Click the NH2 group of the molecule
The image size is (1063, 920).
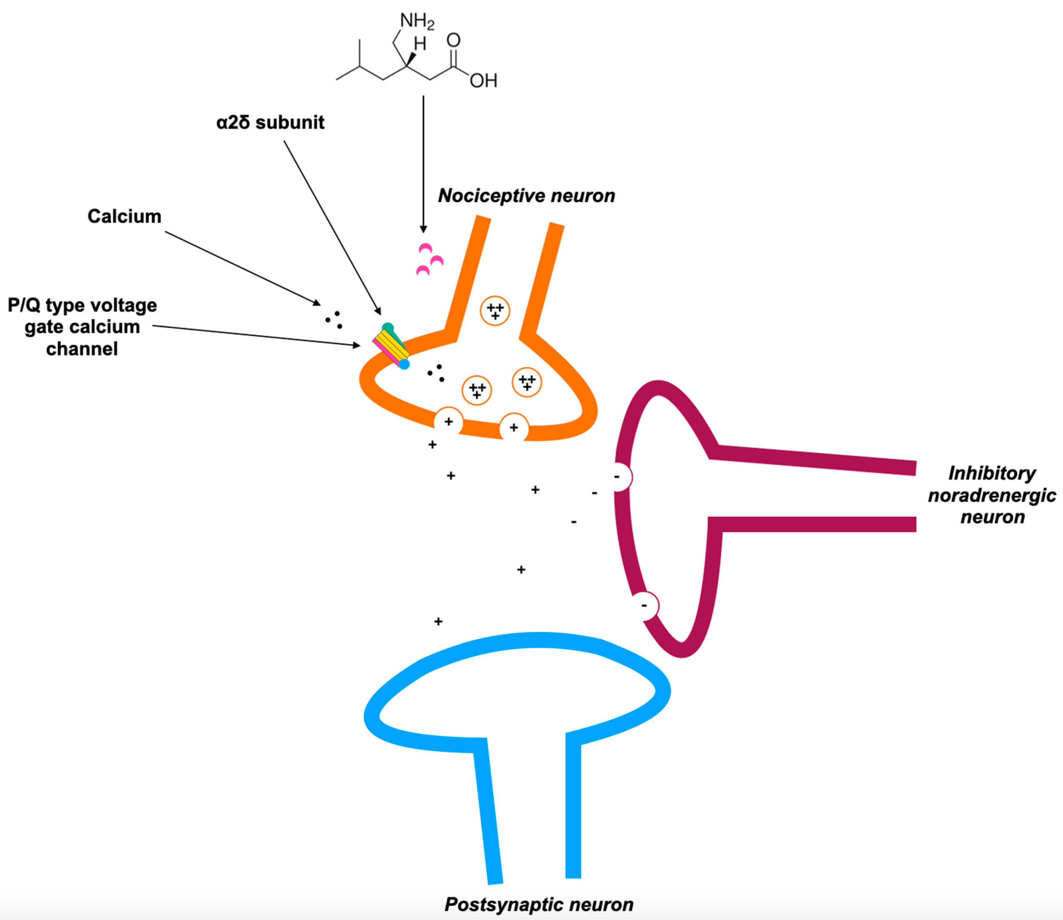tap(417, 21)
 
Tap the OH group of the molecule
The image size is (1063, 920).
tap(483, 81)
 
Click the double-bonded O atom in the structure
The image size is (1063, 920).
tap(453, 40)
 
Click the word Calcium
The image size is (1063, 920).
tap(124, 216)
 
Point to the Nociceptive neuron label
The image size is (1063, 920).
tap(526, 196)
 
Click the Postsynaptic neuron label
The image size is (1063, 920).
tap(538, 904)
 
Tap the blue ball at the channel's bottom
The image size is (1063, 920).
tap(405, 364)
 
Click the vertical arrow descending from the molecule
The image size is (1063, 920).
tap(423, 164)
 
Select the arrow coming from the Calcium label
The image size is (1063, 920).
tap(241, 267)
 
